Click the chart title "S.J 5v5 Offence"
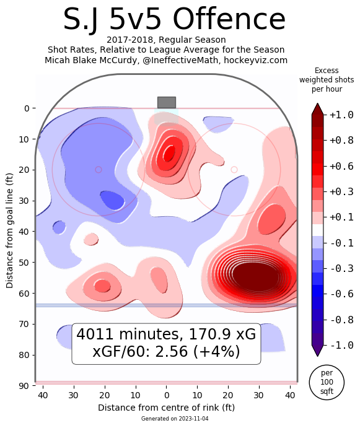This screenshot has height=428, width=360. pos(174,20)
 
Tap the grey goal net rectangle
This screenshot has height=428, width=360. pos(167,102)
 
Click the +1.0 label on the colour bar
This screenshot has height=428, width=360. pos(341,115)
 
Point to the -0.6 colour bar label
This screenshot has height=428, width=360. pos(341,294)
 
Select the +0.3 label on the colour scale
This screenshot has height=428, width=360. pos(341,191)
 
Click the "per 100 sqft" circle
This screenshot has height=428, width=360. pos(327,382)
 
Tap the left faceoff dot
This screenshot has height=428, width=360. pos(99,170)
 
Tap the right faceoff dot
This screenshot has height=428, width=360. pos(234,170)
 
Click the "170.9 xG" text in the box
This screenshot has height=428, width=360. pos(222,334)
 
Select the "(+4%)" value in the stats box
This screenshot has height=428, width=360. pos(217,351)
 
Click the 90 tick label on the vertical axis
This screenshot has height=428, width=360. pos(24,386)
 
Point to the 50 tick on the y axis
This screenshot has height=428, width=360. pos(24,263)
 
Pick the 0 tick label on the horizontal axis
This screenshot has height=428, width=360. pos(167,395)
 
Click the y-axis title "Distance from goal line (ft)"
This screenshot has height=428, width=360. pos(9,230)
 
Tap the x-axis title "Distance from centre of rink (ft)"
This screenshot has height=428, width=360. pos(166,408)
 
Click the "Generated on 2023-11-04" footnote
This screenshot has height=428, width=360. pos(175,419)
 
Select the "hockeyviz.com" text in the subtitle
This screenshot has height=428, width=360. pos(256,60)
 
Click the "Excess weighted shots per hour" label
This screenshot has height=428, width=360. pos(327,80)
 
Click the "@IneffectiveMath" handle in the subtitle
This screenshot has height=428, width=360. pos(180,60)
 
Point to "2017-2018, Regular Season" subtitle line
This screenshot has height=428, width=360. pos(166,40)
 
